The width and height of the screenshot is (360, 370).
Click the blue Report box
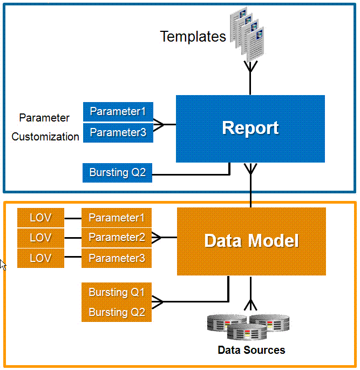[250, 129]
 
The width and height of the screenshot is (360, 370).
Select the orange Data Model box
[252, 241]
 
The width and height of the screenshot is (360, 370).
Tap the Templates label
[193, 37]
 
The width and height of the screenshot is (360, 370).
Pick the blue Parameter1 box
[118, 112]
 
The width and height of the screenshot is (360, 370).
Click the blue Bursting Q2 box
[118, 173]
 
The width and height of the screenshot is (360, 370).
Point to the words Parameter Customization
[45, 127]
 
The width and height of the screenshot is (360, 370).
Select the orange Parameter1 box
[117, 218]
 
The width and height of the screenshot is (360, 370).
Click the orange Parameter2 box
[117, 238]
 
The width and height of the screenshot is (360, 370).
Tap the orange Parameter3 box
[117, 258]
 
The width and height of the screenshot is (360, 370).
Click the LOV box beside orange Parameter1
[40, 218]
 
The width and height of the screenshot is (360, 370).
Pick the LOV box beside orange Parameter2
[40, 238]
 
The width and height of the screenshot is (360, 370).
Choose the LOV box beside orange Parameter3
[40, 258]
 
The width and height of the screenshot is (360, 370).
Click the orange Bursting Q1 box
[117, 292]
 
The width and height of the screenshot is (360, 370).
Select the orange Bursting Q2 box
[117, 312]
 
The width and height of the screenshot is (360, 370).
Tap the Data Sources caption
[251, 350]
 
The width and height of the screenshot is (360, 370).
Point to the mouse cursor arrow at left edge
[3, 265]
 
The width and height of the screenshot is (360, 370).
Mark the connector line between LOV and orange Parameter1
[73, 218]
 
